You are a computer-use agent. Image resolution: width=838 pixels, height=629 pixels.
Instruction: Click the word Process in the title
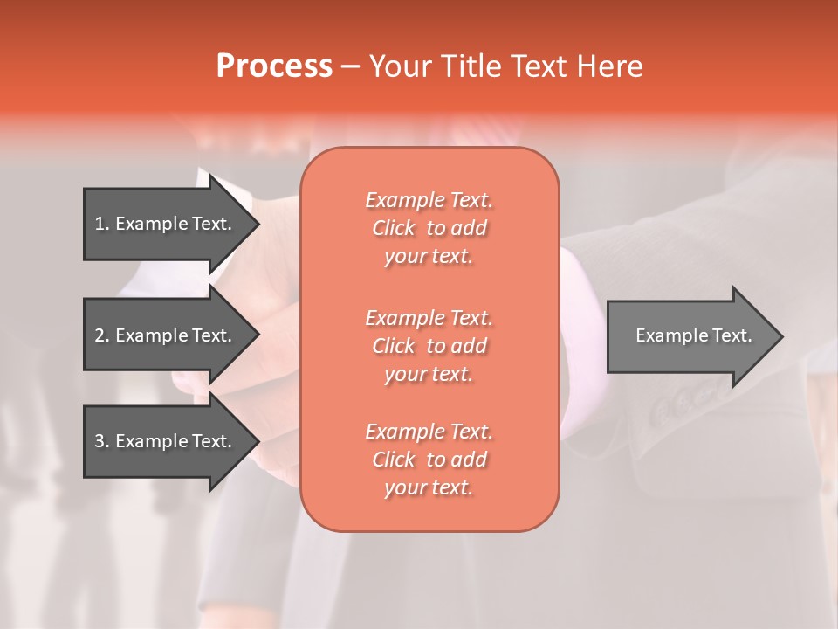pos(274,66)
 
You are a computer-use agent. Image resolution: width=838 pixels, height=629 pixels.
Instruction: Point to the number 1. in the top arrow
pos(101,224)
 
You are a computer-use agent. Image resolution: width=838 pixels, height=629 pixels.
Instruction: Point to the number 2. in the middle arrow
pos(101,335)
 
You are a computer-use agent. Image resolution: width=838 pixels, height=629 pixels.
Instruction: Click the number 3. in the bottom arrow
pos(101,441)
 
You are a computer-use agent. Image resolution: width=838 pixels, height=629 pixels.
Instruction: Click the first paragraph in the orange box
pos(429,228)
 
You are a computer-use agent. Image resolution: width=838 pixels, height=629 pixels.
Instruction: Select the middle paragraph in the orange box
pos(429,346)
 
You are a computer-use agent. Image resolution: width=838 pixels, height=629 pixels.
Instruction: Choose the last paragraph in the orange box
pos(429,460)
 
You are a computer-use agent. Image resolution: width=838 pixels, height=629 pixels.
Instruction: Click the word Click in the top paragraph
pos(394,228)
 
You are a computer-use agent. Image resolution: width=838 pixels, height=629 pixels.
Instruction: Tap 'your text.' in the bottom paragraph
pos(429,487)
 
